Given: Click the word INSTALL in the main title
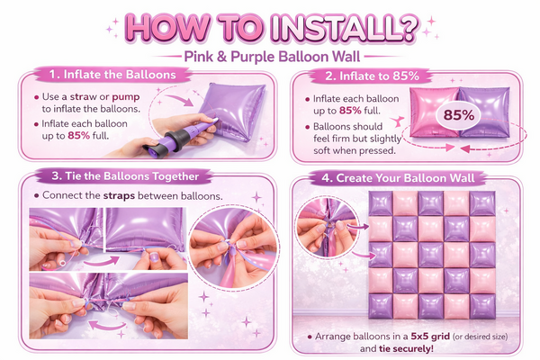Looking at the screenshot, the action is (x=345, y=28).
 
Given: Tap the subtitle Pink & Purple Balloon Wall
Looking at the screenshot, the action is (x=272, y=57).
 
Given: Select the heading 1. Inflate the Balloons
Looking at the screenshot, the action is (x=112, y=75).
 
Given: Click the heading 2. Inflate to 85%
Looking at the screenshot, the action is (x=372, y=76).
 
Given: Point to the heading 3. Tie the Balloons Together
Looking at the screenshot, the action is (x=125, y=176).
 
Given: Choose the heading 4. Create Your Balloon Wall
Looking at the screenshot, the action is (x=398, y=178).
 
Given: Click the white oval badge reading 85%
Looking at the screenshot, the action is (x=458, y=115).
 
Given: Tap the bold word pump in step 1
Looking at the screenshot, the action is (x=126, y=97).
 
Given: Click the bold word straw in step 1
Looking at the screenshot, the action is (x=84, y=97).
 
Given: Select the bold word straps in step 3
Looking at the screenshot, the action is (x=119, y=196).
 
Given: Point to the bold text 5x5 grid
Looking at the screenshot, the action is (x=430, y=336).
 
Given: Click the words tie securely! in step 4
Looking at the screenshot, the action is (x=406, y=348).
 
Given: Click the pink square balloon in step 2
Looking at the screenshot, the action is (x=435, y=112).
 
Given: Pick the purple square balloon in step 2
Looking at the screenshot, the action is (x=484, y=112).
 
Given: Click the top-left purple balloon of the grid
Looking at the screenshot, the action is (x=381, y=203).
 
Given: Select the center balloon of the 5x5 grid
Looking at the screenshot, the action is (x=431, y=255).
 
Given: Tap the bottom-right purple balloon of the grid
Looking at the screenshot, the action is (x=482, y=306).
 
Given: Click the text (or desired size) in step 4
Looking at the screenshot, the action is (x=480, y=337).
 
